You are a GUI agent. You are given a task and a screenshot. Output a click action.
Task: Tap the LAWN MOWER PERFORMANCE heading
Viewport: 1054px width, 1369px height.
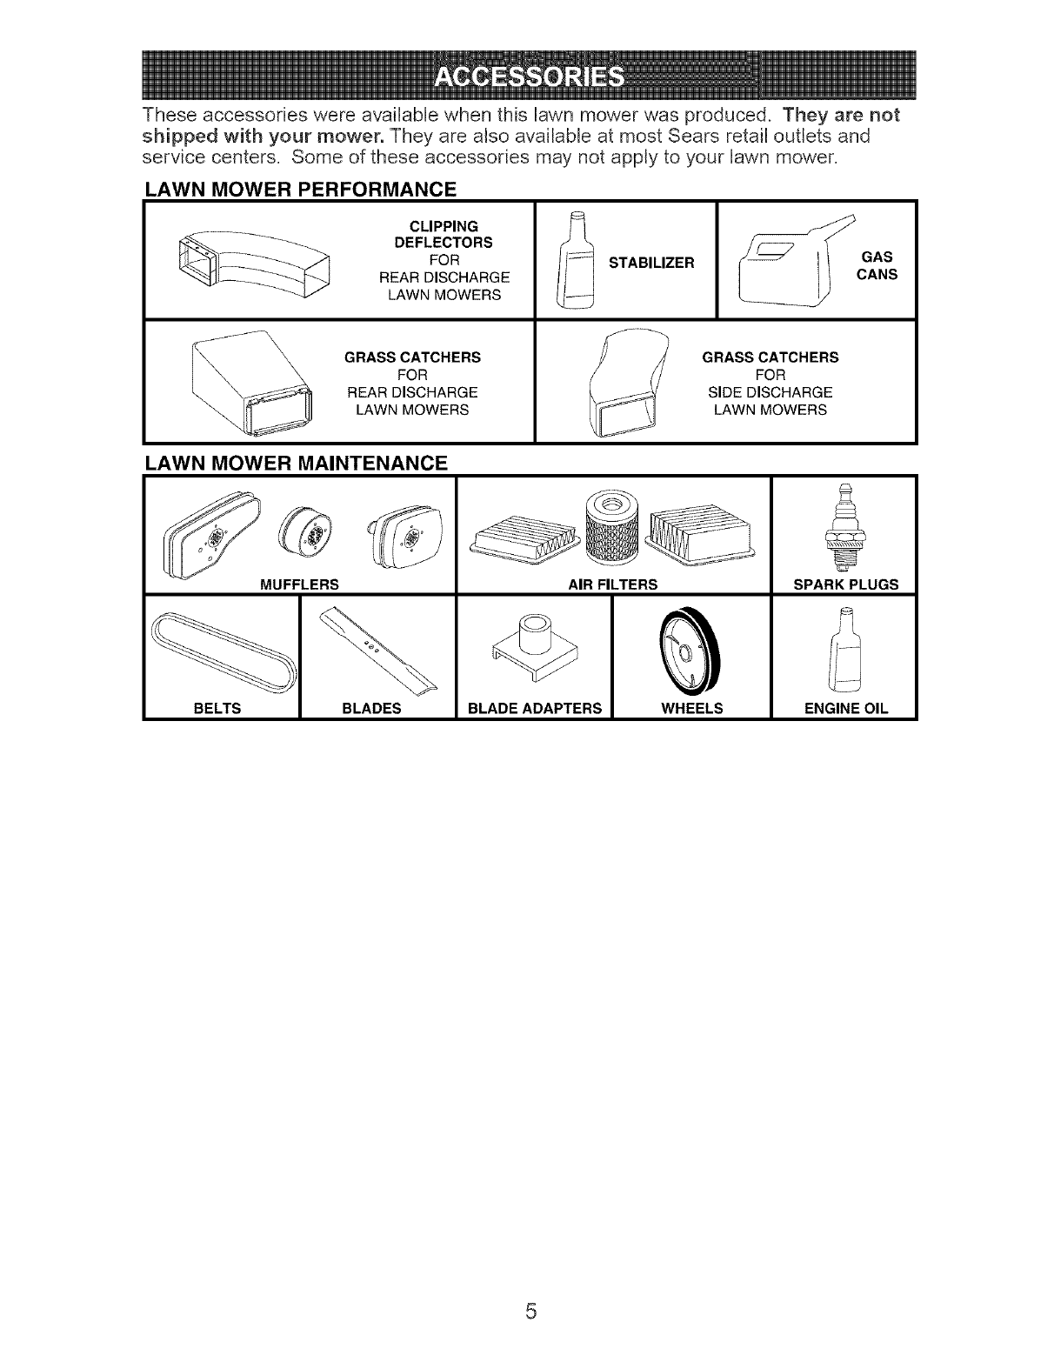(x=301, y=189)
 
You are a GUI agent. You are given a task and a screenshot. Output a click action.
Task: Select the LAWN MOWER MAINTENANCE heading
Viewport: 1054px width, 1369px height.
(x=297, y=463)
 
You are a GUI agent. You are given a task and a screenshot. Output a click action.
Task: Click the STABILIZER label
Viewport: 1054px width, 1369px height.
(x=651, y=262)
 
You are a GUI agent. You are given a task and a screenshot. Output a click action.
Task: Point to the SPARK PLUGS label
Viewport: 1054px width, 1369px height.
(x=845, y=584)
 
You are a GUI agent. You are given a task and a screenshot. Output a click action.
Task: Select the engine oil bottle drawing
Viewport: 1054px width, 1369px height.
(x=844, y=648)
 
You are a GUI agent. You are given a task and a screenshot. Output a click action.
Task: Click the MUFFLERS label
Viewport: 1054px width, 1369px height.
(x=300, y=584)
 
